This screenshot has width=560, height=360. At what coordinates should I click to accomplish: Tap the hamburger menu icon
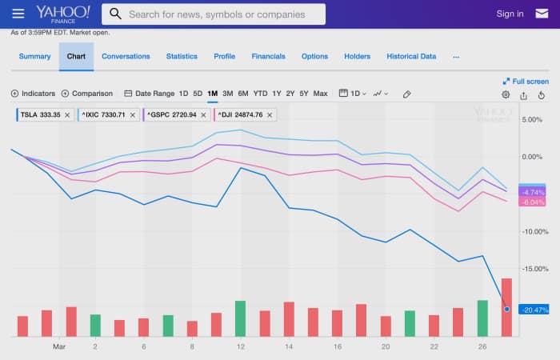click(x=18, y=14)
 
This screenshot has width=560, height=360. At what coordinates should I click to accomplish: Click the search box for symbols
click(x=214, y=14)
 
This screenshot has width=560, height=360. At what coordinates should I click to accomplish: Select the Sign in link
click(x=510, y=14)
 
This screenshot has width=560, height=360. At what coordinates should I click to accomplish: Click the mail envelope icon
click(x=542, y=14)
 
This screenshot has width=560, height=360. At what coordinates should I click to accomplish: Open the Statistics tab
click(x=182, y=57)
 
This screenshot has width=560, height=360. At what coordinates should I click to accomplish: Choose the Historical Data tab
click(x=411, y=57)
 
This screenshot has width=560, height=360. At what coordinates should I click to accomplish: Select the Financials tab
click(x=268, y=57)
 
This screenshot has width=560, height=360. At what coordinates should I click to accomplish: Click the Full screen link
click(x=526, y=81)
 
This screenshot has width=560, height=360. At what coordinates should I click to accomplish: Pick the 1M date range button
click(x=212, y=94)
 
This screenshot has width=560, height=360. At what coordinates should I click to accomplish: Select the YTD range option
click(x=260, y=94)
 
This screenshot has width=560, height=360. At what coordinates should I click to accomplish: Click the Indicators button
click(x=33, y=94)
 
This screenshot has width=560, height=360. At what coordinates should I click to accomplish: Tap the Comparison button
click(x=87, y=94)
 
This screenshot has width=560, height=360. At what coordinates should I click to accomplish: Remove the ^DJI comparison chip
click(x=270, y=115)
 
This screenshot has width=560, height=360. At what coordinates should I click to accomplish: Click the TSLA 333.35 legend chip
click(x=40, y=115)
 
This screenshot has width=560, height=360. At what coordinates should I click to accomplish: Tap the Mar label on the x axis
click(x=58, y=346)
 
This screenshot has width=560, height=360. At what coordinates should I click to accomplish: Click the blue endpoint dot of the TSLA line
click(x=507, y=308)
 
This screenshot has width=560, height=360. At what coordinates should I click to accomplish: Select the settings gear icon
click(x=506, y=94)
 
